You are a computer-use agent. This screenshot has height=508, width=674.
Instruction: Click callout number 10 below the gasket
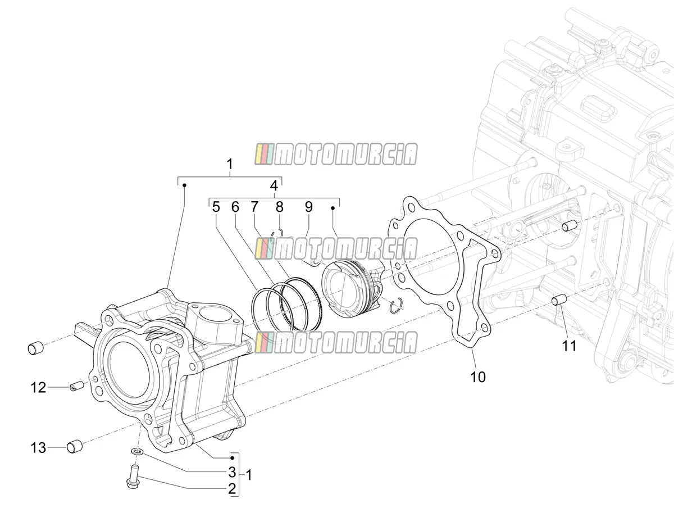click(x=478, y=377)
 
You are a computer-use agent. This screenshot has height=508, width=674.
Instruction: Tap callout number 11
click(x=569, y=346)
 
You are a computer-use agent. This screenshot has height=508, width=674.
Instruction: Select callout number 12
click(x=38, y=388)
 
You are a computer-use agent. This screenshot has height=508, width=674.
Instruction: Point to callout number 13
click(x=38, y=448)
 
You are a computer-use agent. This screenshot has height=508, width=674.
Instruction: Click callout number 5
click(x=216, y=207)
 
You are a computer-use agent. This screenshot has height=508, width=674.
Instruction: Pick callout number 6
click(x=235, y=207)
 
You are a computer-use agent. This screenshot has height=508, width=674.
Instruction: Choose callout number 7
click(x=254, y=207)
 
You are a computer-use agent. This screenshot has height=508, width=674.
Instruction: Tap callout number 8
click(x=279, y=207)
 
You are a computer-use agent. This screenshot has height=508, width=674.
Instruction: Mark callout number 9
click(x=308, y=207)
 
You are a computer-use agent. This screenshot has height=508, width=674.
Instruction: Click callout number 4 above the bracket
click(x=274, y=185)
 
